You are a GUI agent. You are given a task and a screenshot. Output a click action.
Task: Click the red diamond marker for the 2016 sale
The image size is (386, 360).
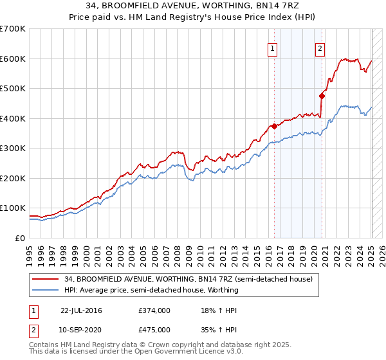click(274, 126)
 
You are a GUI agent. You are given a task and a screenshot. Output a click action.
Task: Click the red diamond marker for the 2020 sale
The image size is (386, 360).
click(322, 96)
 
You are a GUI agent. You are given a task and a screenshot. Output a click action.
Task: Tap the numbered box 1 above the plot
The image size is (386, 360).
click(272, 48)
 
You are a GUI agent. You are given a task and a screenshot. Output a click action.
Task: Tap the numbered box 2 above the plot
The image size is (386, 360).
click(320, 48)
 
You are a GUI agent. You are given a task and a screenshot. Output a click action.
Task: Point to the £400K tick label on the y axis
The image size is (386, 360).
click(13, 118)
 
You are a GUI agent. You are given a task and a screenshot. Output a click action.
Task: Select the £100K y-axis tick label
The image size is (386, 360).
click(13, 208)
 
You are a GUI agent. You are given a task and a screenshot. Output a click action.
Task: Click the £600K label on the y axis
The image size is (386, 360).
click(13, 59)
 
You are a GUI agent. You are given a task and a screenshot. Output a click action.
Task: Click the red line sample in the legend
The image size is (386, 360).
click(45, 279)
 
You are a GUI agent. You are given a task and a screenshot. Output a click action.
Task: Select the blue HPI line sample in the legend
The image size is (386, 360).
click(45, 290)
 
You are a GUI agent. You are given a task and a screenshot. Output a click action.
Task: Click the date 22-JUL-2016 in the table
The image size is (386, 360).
click(81, 310)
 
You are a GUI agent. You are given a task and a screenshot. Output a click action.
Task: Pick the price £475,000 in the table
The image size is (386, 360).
click(154, 329)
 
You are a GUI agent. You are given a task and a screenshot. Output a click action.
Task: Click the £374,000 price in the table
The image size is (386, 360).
click(154, 310)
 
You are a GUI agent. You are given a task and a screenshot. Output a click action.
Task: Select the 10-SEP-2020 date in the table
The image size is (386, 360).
click(81, 329)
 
